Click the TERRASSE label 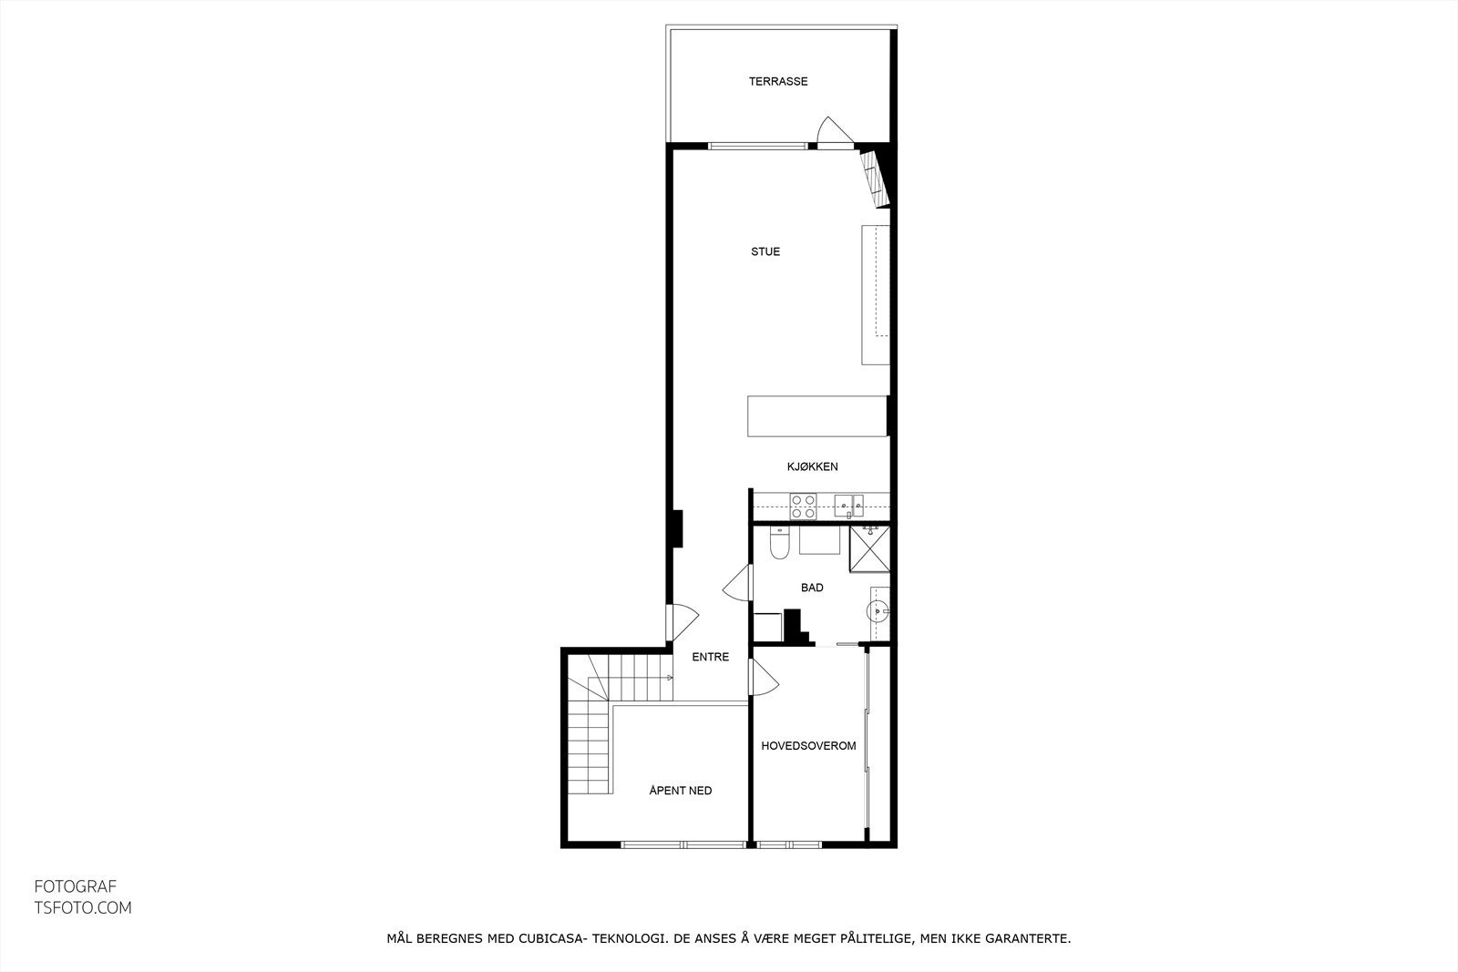click(x=778, y=81)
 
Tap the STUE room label click(x=765, y=251)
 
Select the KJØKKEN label click(x=812, y=466)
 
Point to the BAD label click(x=812, y=588)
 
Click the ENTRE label click(x=710, y=657)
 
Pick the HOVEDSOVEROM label click(x=808, y=745)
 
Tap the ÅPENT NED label click(x=680, y=790)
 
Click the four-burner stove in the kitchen click(x=803, y=506)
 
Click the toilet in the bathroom click(x=779, y=545)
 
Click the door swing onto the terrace click(x=832, y=133)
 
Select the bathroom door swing click(x=738, y=583)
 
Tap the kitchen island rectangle click(x=817, y=416)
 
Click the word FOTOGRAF click(x=76, y=886)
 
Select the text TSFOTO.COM click(x=83, y=907)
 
